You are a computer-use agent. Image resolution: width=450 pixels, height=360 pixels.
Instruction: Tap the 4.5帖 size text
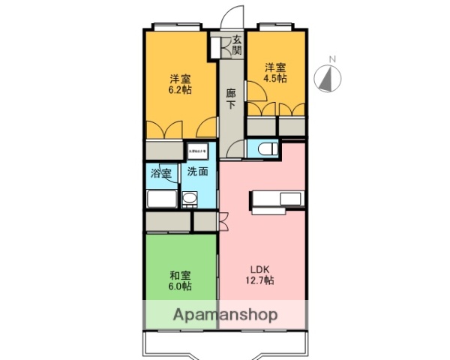tap(274, 77)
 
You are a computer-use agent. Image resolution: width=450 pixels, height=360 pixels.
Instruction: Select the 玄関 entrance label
tap(236, 45)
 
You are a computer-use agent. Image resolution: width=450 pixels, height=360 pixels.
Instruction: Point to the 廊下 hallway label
tap(231, 98)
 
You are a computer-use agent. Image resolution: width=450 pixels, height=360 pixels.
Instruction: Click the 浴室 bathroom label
tap(160, 174)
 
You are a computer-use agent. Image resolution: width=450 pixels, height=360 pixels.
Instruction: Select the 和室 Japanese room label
tap(180, 274)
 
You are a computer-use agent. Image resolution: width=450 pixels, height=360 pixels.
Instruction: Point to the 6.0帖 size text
tap(180, 286)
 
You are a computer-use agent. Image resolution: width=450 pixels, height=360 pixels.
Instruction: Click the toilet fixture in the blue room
tap(259, 148)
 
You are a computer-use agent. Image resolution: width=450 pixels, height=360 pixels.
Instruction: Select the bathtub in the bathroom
tap(160, 200)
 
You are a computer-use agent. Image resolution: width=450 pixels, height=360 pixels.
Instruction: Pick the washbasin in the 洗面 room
tap(190, 199)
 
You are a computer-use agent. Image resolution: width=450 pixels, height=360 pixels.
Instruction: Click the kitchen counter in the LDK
tap(277, 199)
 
